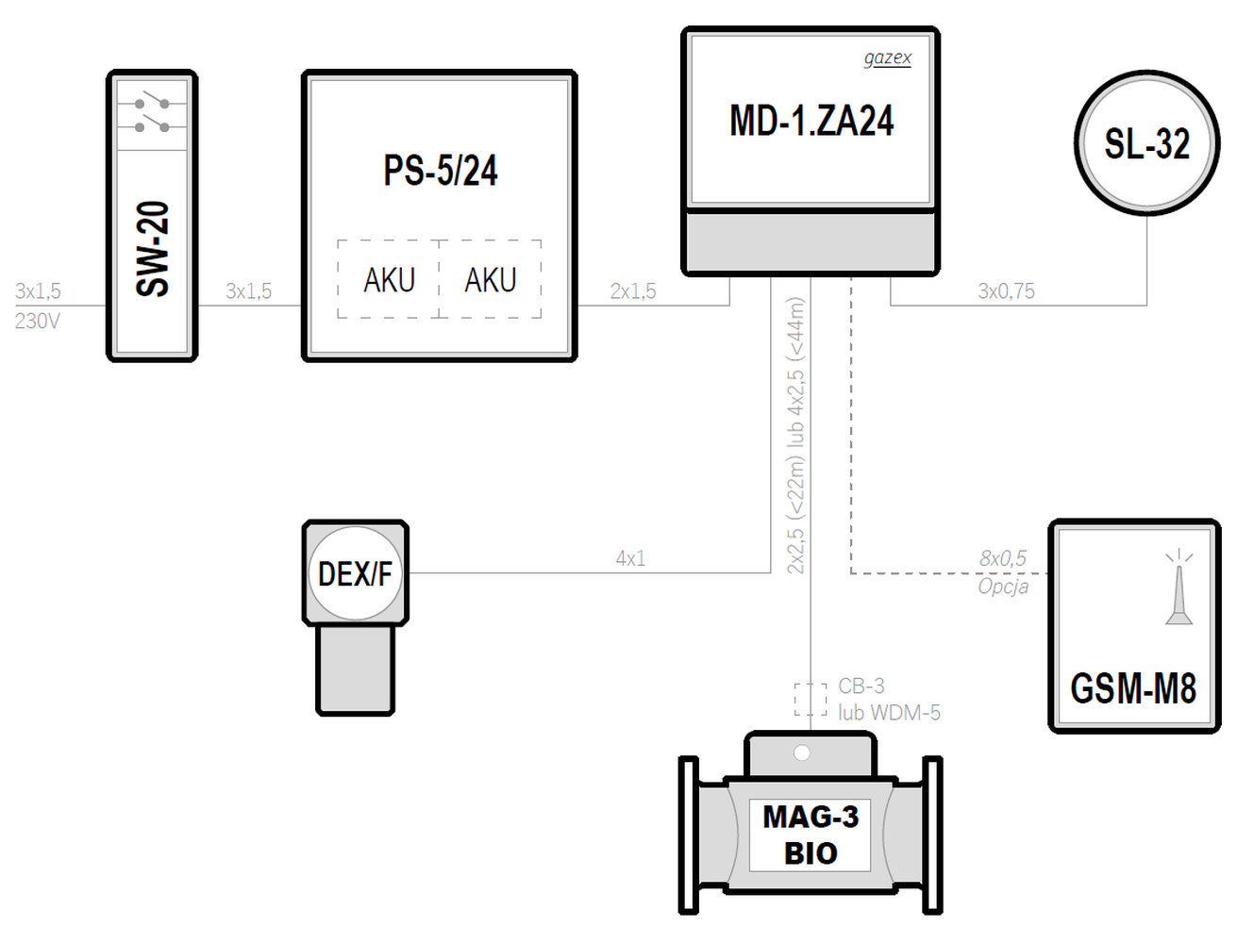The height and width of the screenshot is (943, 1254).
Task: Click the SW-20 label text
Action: point(153,249)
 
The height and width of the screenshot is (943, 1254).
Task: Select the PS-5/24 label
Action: point(441,171)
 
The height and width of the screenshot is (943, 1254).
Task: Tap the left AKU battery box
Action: point(389,279)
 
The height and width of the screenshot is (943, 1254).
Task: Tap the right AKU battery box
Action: point(490,279)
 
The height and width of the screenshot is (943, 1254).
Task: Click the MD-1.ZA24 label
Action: point(811,121)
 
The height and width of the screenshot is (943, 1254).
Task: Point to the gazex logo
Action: point(887,58)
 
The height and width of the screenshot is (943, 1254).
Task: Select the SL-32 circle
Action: point(1147,142)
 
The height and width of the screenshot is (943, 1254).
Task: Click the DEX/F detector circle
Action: point(356,573)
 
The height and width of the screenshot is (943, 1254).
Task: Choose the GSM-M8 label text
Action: point(1133,688)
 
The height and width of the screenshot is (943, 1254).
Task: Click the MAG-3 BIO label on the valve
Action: point(811,835)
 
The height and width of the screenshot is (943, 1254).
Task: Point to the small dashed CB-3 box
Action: point(811,700)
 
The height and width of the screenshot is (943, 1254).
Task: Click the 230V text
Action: point(37,322)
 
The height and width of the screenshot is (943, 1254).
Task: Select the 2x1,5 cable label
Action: point(633,291)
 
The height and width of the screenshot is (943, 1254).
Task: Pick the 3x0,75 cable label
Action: point(1006,291)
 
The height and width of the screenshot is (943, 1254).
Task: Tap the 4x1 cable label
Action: point(630,558)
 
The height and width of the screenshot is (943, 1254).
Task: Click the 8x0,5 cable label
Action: point(1003,558)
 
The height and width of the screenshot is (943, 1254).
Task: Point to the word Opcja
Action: point(1003,587)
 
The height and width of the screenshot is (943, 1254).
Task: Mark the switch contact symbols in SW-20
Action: point(152,114)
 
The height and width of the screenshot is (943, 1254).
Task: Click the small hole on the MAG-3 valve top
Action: point(802,753)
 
